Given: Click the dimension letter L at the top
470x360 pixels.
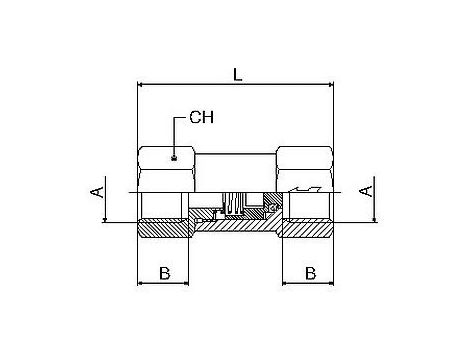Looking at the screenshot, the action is (x=237, y=75).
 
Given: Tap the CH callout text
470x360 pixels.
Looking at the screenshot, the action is (x=202, y=117).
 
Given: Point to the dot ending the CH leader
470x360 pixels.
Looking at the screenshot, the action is (x=173, y=158).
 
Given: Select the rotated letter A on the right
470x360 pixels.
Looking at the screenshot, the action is (x=366, y=191).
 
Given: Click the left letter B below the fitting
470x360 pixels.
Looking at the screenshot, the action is (x=165, y=273).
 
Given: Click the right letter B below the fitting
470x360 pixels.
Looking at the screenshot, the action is (x=311, y=273).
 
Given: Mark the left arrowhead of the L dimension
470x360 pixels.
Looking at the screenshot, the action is (x=140, y=84).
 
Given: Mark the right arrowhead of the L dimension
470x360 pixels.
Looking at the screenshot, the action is (x=330, y=84).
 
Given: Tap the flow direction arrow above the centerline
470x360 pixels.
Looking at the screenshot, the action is (x=305, y=189).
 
